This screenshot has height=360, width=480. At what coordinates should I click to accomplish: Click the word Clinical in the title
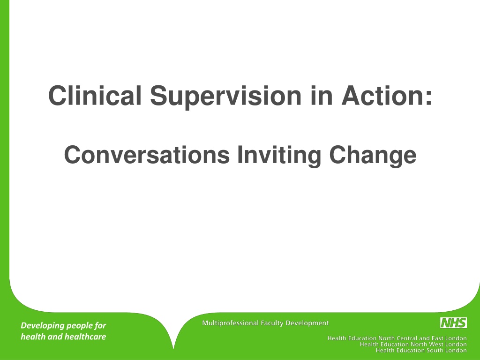coord(95,95)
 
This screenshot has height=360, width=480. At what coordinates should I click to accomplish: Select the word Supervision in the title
coord(226,97)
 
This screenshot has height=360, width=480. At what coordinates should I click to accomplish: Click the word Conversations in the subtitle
coord(147,155)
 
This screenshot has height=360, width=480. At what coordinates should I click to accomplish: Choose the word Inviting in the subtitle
coord(279,156)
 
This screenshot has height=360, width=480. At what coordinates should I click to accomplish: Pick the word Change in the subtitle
coord(373,156)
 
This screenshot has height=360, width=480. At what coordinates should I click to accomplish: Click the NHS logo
coord(454,322)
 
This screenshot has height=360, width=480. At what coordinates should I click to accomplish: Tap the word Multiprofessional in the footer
coord(230,323)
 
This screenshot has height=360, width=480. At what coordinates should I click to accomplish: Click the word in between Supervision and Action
coord(322,96)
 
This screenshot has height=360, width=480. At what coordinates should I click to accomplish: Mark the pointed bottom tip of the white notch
coord(173,349)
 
